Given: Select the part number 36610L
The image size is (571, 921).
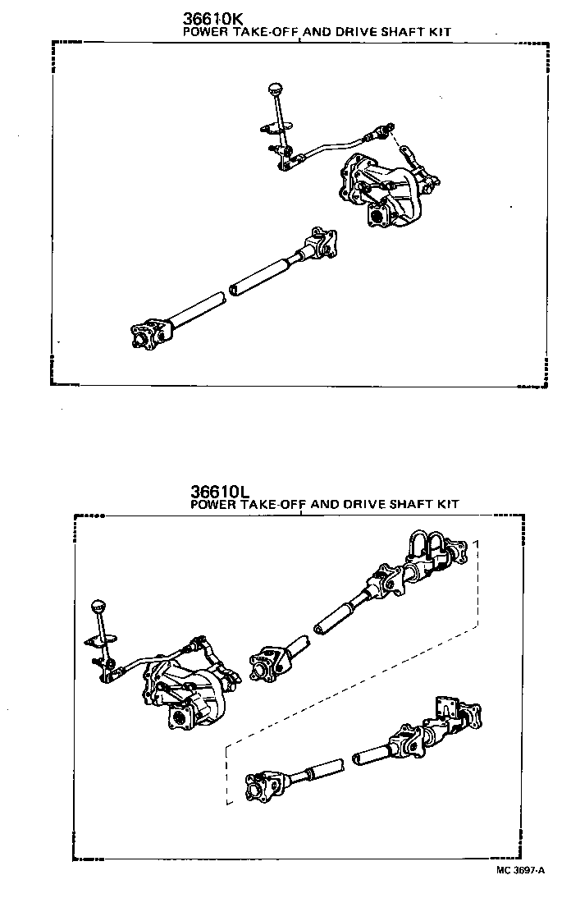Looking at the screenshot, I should [219, 491].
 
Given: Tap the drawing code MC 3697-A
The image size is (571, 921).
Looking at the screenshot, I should [520, 870].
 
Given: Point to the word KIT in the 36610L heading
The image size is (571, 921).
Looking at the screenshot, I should [448, 504].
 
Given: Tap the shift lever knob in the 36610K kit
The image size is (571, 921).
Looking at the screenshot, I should [275, 89].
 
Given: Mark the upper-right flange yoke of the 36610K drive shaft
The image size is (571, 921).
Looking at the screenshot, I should [322, 243].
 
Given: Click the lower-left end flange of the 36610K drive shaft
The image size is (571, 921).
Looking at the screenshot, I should [148, 335].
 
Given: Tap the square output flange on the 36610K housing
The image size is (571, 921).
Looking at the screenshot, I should [380, 218].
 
